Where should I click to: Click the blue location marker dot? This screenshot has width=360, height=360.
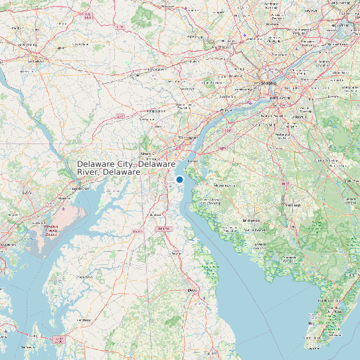pyautogui.click(x=179, y=179)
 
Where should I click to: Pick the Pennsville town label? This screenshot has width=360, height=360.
pyautogui.click(x=195, y=160)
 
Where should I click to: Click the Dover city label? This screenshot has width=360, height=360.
pyautogui.click(x=193, y=290)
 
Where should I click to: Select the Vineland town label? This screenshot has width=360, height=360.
pyautogui.click(x=292, y=206)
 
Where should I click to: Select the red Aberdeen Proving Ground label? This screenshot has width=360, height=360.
pyautogui.click(x=51, y=230)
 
